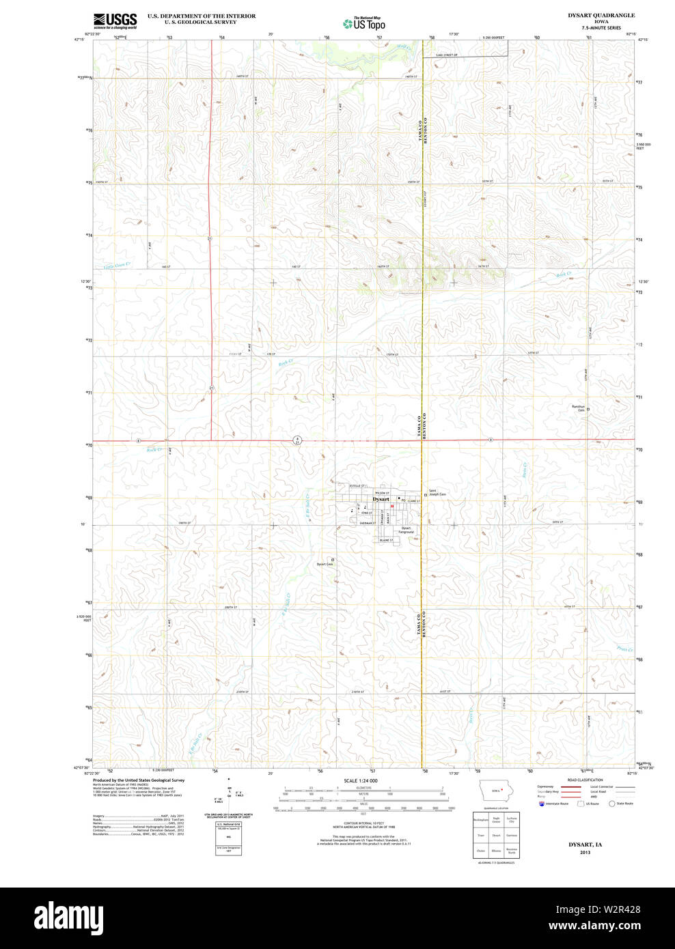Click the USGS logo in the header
115,20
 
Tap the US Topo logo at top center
364,23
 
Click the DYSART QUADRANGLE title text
601,15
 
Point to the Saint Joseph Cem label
437,492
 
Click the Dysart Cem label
325,564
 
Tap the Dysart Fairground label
407,530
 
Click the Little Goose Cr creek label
117,265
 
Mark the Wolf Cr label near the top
404,46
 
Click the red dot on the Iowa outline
502,789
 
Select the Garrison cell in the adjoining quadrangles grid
512,835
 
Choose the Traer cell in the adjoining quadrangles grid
481,835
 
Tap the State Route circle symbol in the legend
612,804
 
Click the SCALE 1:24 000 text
361,780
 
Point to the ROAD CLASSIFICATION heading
585,780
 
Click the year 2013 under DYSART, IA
585,853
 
